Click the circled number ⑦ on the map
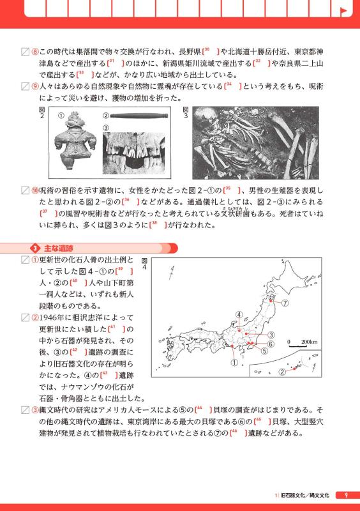pos(285,303)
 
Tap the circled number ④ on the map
pos(238,314)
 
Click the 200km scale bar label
pos(309,342)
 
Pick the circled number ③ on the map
pos(271,335)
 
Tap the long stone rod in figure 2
pos(139,116)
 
